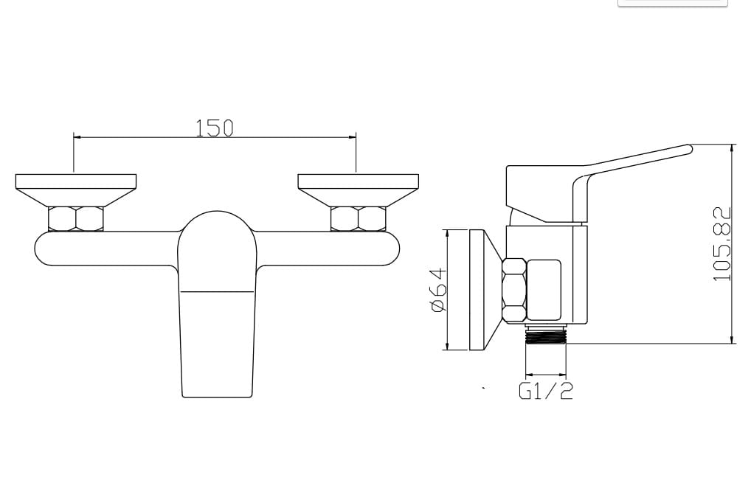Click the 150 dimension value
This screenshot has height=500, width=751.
click(x=214, y=128)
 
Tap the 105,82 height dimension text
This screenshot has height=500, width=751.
click(x=721, y=244)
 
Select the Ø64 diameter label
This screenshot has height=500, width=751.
click(x=439, y=291)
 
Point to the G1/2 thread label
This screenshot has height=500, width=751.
click(x=545, y=391)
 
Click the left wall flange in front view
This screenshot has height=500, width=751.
click(x=76, y=190)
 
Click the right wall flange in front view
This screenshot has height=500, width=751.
click(x=359, y=190)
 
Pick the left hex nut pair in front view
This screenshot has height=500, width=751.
click(x=76, y=219)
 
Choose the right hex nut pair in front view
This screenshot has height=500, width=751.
click(x=359, y=219)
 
